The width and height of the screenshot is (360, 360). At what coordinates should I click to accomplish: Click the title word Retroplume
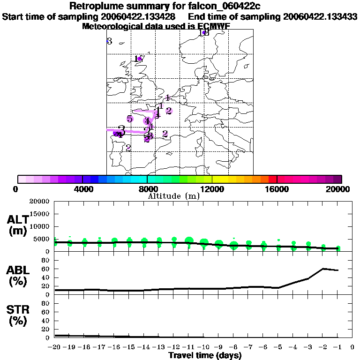[96, 6]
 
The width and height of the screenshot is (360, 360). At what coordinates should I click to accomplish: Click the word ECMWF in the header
[214, 26]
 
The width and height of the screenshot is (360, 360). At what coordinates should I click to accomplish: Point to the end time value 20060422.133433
[320, 16]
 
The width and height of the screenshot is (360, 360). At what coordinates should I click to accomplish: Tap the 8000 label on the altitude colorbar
[147, 189]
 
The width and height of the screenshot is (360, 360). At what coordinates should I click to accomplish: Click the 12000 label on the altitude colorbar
[212, 189]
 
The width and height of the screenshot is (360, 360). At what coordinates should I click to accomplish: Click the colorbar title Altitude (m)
[173, 196]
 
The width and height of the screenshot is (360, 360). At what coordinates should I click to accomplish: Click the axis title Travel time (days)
[205, 355]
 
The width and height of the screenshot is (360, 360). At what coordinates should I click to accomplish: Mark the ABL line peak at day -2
[323, 269]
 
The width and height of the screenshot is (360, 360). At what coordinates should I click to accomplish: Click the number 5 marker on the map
[129, 119]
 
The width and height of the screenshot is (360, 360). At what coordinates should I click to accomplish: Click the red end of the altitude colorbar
[272, 179]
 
